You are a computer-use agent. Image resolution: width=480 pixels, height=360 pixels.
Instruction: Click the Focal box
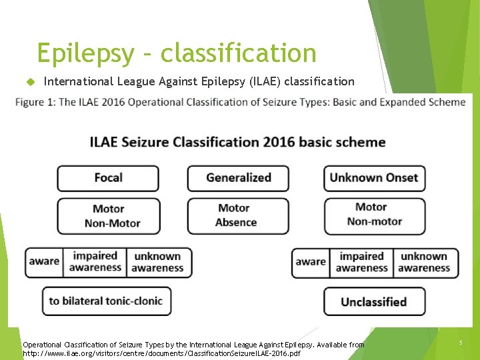(x=108, y=178)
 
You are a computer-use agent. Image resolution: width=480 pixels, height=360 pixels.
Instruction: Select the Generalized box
(x=238, y=178)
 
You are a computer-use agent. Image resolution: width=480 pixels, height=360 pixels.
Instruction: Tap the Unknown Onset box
(x=374, y=178)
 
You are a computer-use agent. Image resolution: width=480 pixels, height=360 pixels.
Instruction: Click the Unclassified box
(x=374, y=301)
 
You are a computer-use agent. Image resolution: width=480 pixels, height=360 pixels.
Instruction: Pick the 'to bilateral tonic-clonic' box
(x=106, y=301)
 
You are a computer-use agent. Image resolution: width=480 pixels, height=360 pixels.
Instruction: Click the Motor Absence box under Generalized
(x=238, y=215)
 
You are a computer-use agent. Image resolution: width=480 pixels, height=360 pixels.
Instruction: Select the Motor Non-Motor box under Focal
(x=108, y=216)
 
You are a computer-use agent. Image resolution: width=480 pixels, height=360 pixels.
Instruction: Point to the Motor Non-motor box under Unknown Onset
(x=374, y=215)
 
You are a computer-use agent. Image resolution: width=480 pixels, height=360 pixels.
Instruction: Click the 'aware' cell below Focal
(x=44, y=262)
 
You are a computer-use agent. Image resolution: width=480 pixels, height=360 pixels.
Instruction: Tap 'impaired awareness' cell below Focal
(x=95, y=262)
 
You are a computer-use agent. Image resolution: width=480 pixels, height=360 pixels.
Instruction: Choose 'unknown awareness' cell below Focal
(x=157, y=262)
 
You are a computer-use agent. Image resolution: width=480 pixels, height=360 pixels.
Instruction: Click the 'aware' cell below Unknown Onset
(x=311, y=262)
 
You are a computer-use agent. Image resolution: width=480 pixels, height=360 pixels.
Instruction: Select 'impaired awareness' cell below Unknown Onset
(x=362, y=262)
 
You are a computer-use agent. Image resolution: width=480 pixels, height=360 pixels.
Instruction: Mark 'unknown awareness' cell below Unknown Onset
(x=424, y=262)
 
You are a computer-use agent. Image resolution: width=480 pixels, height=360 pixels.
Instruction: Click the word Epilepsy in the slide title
(x=85, y=53)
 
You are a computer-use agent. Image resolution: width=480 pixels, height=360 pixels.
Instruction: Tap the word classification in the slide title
(x=239, y=53)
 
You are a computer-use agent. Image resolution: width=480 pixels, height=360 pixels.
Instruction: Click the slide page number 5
(x=460, y=343)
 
